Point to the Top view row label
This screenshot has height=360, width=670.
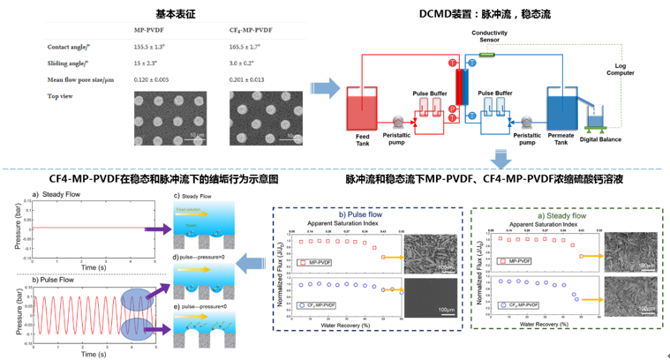click(x=61, y=95)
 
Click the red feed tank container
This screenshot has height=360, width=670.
click(x=362, y=109)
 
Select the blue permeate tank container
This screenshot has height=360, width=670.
click(x=562, y=109)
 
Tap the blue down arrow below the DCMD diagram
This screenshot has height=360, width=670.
click(x=501, y=159)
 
